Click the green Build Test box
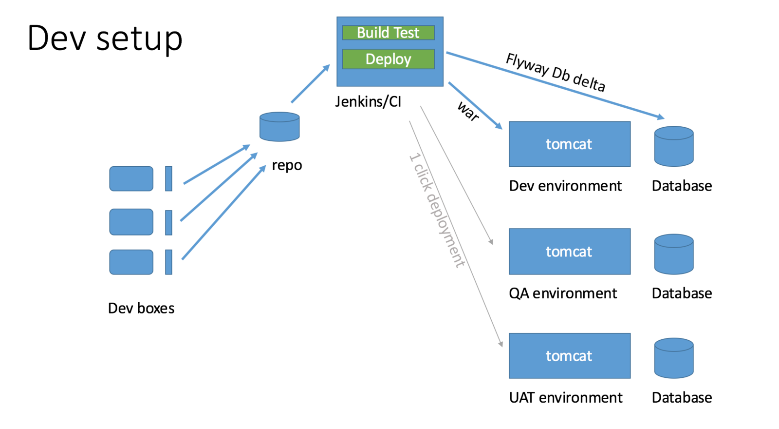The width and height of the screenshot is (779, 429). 388,33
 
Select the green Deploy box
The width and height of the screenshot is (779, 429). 388,59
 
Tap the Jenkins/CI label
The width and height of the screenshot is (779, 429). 368,102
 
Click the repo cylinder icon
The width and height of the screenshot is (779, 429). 279,126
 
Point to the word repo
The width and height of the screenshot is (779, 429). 287,165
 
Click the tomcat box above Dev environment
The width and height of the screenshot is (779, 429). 570,144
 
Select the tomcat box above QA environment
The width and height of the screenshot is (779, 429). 570,252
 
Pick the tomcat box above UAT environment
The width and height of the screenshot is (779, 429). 570,355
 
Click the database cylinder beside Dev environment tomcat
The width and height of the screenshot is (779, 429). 674,146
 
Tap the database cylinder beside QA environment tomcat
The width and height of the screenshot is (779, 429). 674,254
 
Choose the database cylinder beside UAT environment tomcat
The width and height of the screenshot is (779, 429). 674,358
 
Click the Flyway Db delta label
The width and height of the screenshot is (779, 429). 556,73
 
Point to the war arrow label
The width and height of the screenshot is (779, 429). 468,111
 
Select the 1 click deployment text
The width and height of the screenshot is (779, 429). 437,210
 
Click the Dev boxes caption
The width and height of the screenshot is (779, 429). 141,308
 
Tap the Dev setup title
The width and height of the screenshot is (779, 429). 105,39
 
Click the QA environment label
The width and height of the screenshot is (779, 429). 563,293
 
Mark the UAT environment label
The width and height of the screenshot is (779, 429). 566,397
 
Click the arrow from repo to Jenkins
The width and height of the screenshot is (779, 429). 311,83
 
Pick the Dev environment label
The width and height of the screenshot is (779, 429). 565,186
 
